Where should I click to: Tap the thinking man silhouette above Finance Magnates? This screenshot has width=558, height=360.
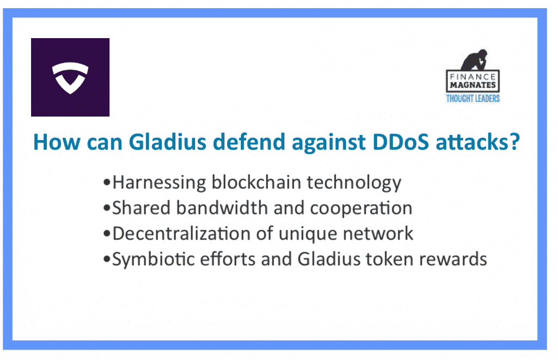point(475,60)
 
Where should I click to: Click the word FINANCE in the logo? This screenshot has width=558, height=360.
point(472,77)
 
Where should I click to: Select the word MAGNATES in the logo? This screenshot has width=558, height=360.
point(472,85)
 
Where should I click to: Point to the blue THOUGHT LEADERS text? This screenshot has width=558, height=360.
point(473,98)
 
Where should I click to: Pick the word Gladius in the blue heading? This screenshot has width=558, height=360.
point(167,142)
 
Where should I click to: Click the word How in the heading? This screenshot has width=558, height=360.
point(57,142)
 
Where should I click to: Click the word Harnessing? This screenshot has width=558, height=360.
point(159,182)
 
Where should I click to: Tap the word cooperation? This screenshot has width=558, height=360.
point(361,209)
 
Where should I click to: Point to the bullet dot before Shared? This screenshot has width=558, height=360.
point(107,209)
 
